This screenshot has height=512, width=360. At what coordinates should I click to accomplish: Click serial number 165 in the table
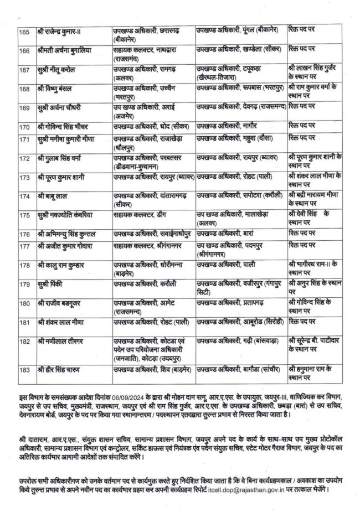(24, 29)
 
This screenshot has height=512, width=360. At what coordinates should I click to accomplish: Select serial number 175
(24, 213)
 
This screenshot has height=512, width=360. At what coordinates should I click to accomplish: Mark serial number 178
(24, 266)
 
